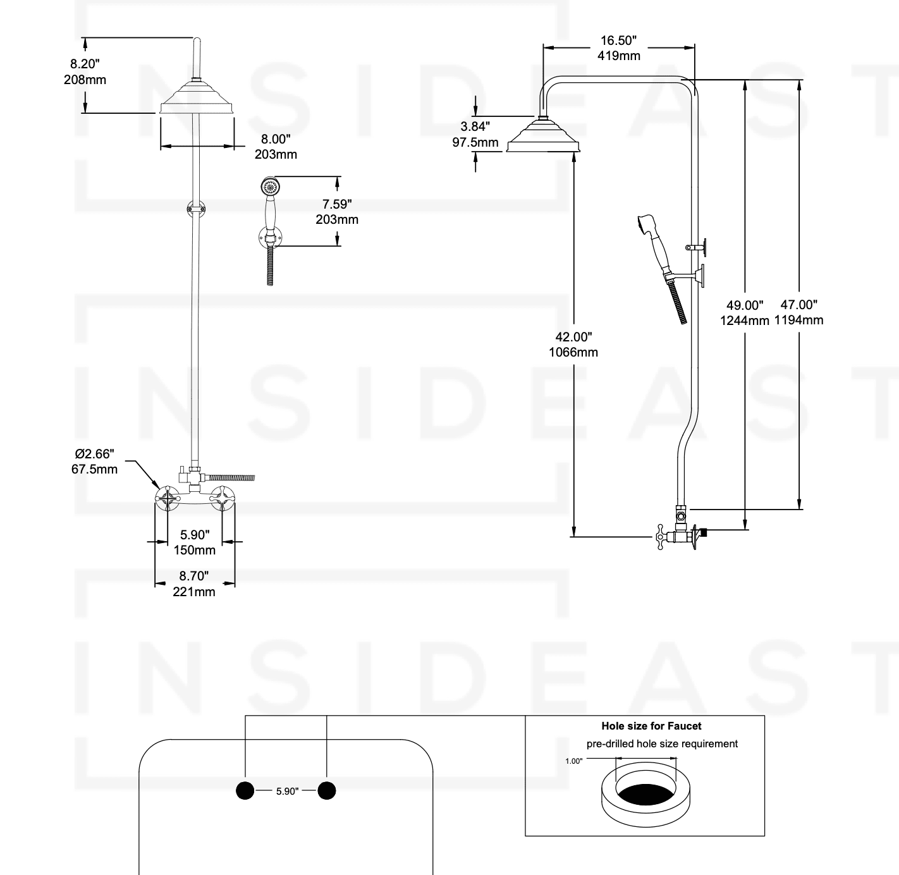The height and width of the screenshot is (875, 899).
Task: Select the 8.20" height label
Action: coord(85,64)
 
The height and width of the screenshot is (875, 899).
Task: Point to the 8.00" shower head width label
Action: coord(276,139)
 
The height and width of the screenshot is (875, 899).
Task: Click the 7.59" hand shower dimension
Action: coord(336,204)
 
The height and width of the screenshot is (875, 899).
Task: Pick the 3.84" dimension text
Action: coord(475,126)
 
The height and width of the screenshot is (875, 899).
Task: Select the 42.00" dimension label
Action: coord(573,337)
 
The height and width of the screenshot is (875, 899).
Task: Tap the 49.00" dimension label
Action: coord(744,305)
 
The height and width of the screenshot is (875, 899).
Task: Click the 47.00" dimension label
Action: coord(798,305)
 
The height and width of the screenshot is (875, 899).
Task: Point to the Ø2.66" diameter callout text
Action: coord(94,454)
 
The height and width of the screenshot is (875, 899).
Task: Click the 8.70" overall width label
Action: coord(194,576)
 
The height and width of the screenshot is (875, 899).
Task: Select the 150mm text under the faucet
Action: coord(194,550)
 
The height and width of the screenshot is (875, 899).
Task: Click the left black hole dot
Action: coord(245,790)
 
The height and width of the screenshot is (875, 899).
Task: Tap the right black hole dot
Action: coord(326,790)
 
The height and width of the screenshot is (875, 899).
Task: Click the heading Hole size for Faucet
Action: coord(651,726)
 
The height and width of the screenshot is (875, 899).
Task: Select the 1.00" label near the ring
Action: coord(573,761)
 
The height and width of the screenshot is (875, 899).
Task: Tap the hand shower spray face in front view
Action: coord(271,187)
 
